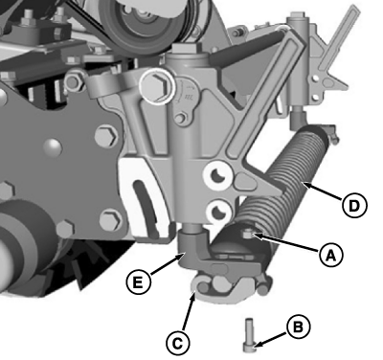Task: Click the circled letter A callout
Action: (330, 256)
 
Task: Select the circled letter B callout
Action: (298, 327)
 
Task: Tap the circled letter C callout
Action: (178, 344)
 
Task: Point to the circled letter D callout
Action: (354, 206)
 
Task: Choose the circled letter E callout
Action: (138, 282)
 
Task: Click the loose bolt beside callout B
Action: (249, 335)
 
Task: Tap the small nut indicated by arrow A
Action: (248, 236)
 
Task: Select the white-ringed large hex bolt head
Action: (157, 86)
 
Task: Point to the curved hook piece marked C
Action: (223, 288)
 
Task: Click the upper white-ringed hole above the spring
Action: (217, 175)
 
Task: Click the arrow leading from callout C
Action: (188, 312)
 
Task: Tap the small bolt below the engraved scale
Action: (181, 118)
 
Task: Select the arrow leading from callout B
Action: (271, 339)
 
